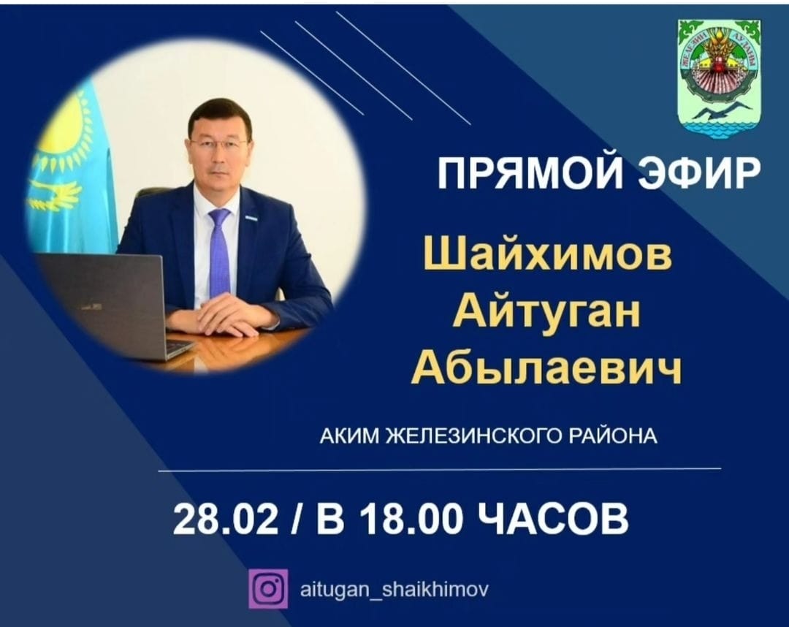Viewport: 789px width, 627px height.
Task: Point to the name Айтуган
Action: (546, 312)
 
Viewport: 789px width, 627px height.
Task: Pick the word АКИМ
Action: (350, 436)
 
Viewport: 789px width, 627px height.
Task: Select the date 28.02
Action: (226, 519)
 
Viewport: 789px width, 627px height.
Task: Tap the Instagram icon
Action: (268, 588)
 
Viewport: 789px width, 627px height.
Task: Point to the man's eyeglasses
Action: (218, 144)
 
